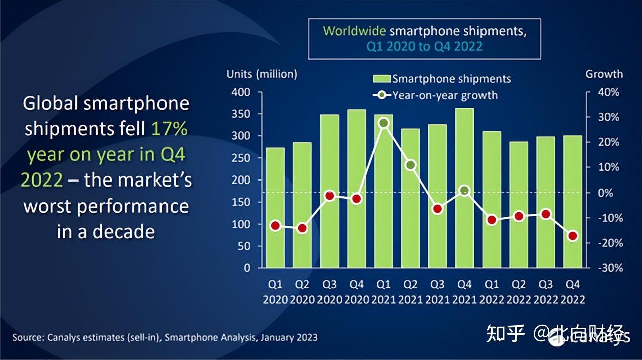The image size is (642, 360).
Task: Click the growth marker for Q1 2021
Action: coord(384,123)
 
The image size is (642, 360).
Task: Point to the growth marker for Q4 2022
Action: coord(573,236)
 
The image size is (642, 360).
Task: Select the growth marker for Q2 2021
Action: coord(411,165)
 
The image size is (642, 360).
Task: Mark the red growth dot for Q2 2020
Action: coord(302,228)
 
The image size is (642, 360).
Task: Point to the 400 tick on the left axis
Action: coord(241,92)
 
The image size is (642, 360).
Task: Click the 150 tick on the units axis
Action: coord(241,202)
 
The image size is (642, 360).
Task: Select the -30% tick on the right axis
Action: coord(608,268)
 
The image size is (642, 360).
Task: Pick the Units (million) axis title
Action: coord(262,74)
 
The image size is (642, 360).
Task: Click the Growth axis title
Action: coord(604,74)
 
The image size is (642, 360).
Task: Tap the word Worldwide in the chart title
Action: coord(354,31)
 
